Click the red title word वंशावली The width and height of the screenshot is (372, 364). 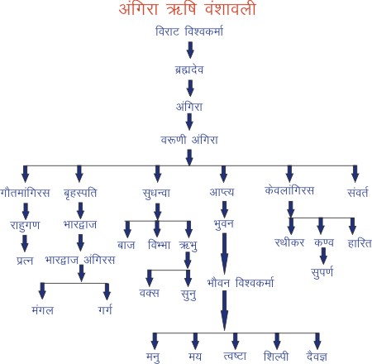(x=231, y=8)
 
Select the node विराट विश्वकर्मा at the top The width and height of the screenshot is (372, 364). (x=189, y=31)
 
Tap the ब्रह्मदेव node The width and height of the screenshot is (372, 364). (x=189, y=69)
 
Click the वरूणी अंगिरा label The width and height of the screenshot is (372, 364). (x=189, y=140)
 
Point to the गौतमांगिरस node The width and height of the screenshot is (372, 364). (x=25, y=192)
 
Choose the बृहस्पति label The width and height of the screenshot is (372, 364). (x=80, y=193)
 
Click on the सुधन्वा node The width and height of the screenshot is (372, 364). (x=156, y=193)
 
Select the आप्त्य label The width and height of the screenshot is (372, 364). (x=222, y=192)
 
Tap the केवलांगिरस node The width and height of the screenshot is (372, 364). (x=289, y=190)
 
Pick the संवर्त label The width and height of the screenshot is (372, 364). (x=358, y=191)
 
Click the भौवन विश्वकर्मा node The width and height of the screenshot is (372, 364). (x=241, y=283)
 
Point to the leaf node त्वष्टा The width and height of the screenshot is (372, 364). (x=235, y=356)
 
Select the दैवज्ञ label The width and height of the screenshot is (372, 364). (x=317, y=356)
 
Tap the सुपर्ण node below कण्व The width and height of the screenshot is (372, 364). (x=322, y=272)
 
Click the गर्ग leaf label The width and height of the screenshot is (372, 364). (x=105, y=309)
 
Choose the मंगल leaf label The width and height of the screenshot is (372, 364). (x=42, y=310)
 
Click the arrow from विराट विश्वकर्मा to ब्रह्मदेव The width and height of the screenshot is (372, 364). (x=190, y=50)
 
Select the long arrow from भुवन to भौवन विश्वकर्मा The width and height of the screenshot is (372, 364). (x=225, y=254)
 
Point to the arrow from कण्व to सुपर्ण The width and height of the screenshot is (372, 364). (x=323, y=256)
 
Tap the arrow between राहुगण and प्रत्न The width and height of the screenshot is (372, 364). (x=25, y=243)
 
